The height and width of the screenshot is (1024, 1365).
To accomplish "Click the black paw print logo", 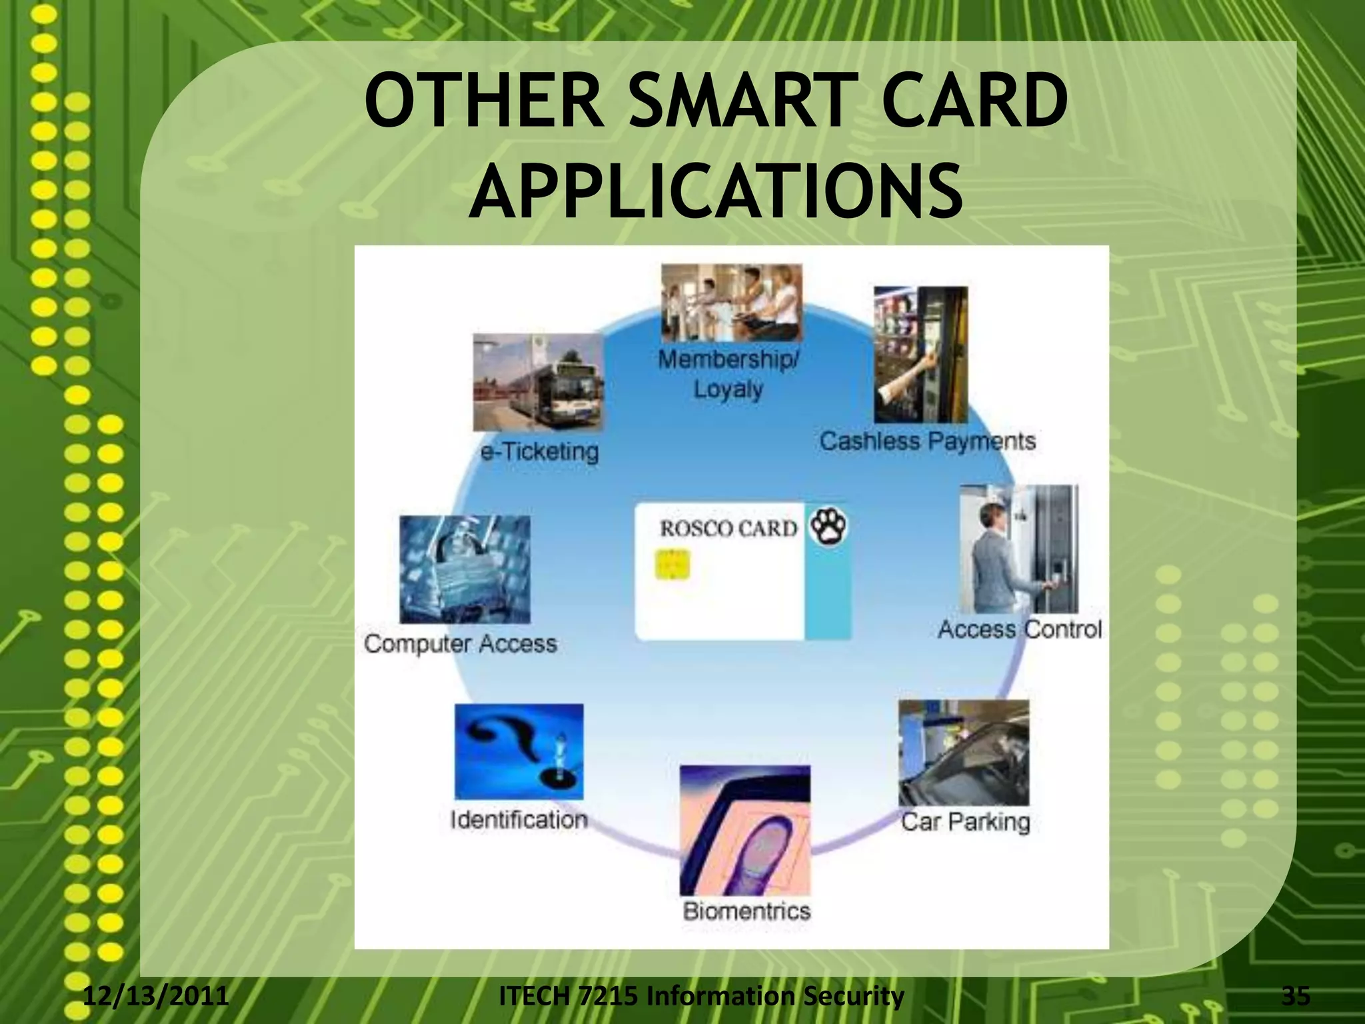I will click(828, 527).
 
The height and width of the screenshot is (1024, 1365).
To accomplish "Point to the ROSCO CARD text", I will click(728, 529).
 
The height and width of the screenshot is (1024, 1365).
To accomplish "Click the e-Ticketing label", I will click(540, 452).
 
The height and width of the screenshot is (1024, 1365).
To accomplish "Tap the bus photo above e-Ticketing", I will click(539, 383).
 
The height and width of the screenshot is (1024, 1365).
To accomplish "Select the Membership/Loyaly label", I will click(728, 374).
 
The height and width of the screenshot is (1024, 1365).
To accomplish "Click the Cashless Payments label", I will click(927, 441).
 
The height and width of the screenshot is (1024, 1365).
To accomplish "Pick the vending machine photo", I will click(920, 355).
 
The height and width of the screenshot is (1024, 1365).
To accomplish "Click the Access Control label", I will click(1020, 629).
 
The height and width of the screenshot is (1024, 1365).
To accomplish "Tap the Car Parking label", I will click(965, 821).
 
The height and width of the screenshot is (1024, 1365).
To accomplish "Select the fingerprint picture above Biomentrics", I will click(745, 831).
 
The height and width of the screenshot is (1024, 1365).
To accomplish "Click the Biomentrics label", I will click(746, 911).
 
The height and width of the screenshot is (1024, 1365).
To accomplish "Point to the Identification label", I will click(519, 819).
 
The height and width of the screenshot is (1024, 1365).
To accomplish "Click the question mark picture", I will click(519, 751).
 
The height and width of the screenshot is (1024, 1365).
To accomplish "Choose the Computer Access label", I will click(461, 644).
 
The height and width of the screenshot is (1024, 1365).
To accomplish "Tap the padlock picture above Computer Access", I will click(465, 569).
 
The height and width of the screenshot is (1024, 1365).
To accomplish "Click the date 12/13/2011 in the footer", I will click(156, 996).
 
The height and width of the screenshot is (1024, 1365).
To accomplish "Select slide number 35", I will click(1296, 996).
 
